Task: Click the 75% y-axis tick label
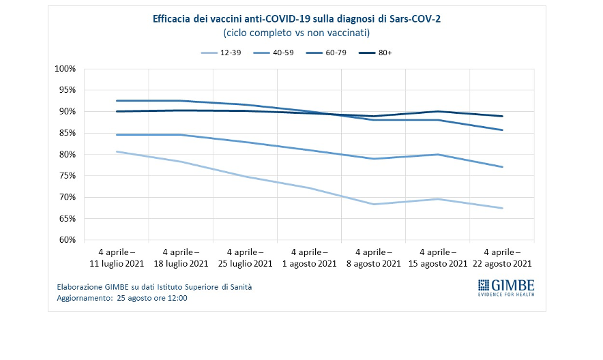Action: click(x=66, y=176)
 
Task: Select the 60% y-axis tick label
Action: click(x=66, y=240)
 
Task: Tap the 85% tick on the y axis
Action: click(x=66, y=133)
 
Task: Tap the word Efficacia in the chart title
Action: click(x=171, y=19)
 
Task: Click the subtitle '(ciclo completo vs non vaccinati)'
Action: click(x=296, y=33)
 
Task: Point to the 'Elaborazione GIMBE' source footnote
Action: click(x=154, y=287)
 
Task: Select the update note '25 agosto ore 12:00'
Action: click(x=149, y=298)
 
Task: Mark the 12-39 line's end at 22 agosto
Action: click(x=503, y=208)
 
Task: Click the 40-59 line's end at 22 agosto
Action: click(x=503, y=167)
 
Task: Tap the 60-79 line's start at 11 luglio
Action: click(x=117, y=101)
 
